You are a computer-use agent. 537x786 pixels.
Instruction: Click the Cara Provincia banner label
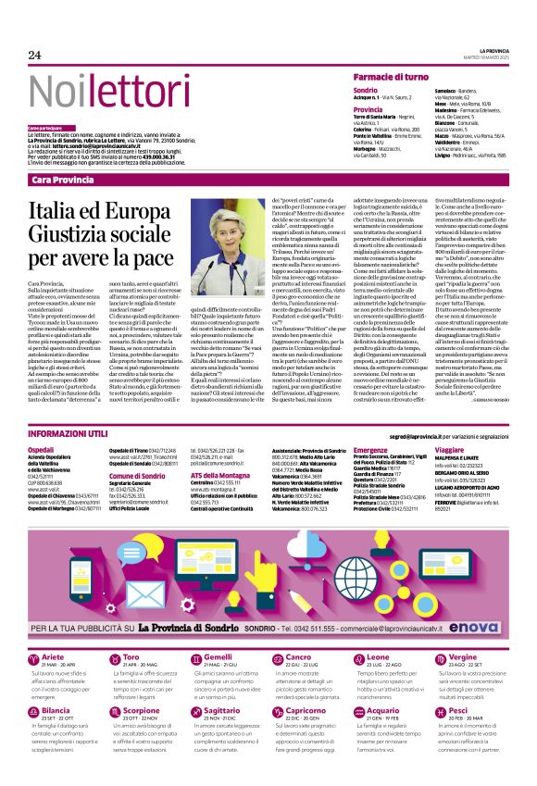[x=66, y=180]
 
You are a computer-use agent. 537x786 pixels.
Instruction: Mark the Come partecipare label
[x=46, y=128]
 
